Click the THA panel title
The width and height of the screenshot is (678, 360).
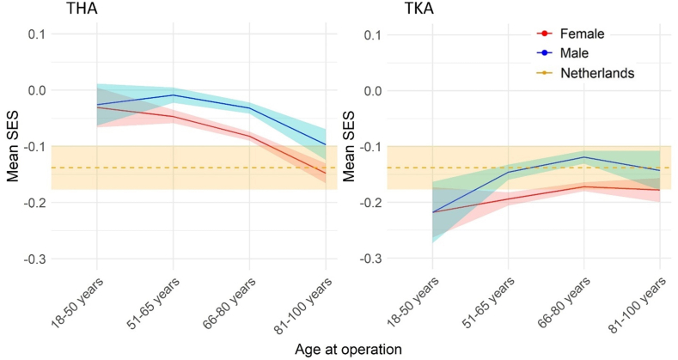coord(82,8)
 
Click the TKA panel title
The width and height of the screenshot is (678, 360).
coord(418,8)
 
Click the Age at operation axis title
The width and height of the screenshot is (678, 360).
coord(348,349)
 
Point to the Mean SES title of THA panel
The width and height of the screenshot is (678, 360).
coord(13,147)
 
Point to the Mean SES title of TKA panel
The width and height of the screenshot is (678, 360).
coord(349,147)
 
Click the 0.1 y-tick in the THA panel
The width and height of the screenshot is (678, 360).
coord(38,34)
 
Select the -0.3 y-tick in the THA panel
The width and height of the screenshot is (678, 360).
coord(35,259)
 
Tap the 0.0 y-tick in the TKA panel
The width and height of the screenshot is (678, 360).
coord(374,90)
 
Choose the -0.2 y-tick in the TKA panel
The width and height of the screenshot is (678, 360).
coord(371,203)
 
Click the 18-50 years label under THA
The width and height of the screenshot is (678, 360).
coord(78,302)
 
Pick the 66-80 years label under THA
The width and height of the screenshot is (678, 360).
coord(230,303)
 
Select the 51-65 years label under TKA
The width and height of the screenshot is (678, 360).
coord(490,302)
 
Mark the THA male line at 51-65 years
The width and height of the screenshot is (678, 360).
coord(174,95)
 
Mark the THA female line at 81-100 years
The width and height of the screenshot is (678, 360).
coord(326,174)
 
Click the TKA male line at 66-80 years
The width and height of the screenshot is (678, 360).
coord(584,157)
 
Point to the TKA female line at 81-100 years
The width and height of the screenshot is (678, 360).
coord(660,190)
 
